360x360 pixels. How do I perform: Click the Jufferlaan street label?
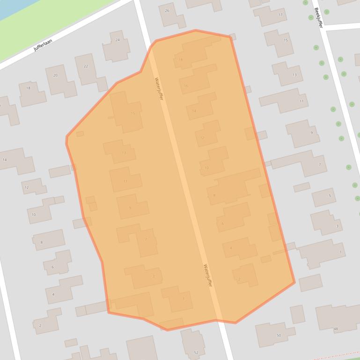coord(43,45)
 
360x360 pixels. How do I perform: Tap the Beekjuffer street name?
coord(319,18)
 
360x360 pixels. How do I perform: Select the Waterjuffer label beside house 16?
coord(159,88)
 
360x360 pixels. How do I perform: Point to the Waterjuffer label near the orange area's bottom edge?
coord(208,275)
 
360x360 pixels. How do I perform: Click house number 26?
coord(167,10)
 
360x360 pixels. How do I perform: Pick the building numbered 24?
coord(118,40)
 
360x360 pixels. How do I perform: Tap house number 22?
coord(86,66)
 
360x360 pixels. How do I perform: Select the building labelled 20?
coord(55,75)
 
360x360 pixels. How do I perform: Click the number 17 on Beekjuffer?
coord(280,15)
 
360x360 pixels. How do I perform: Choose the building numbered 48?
coord(336,329)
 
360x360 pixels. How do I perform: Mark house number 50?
coord(279,335)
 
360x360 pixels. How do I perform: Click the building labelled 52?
coord(196,352)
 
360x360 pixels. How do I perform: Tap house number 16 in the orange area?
coord(186,86)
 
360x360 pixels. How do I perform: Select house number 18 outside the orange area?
coord(28,88)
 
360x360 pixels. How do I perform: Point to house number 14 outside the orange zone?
coord(5,160)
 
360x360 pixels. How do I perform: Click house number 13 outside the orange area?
coord(294,75)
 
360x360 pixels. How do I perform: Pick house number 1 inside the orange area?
coord(184,299)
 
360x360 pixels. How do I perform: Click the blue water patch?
coord(9,7)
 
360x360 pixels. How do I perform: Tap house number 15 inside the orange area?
coord(133,114)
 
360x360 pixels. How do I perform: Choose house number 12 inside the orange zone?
coord(202,138)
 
